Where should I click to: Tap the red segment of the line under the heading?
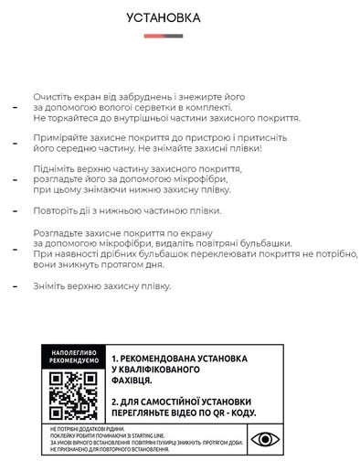[153, 37]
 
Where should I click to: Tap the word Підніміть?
[58, 170]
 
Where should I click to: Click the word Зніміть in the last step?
[52, 286]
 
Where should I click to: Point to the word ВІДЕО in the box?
[187, 411]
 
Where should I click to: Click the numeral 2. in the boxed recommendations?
[116, 400]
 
